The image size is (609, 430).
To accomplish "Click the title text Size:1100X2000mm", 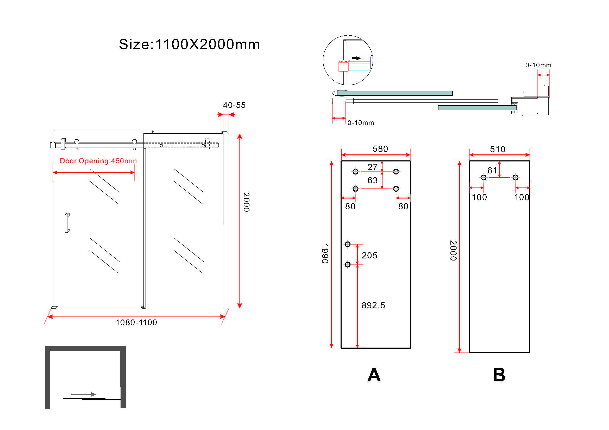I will point(189,44).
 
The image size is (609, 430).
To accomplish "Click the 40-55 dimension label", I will point(234,105).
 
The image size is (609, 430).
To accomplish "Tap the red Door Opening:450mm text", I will point(98,161).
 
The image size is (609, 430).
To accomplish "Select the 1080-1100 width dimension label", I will point(136,322).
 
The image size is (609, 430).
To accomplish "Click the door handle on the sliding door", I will point(67,223).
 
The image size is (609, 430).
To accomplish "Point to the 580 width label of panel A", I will point(380,149).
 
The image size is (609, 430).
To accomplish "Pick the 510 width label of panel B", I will point(497,149).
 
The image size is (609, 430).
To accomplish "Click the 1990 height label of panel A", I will point(325,254).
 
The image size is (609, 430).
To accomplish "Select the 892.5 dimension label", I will point(373,305).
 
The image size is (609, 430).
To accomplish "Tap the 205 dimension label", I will point(369,256).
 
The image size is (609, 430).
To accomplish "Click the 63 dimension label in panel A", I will point(372,180).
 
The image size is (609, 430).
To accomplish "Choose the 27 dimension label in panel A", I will point(372,167).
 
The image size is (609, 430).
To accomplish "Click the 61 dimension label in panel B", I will point(492,171).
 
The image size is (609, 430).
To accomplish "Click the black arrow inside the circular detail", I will point(356,58).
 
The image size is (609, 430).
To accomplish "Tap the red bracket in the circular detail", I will point(343,66).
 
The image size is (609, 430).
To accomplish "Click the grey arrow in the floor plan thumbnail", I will point(84,394).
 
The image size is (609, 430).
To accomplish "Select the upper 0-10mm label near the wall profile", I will point(538,65).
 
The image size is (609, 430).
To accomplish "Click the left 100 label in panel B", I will point(479,197).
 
